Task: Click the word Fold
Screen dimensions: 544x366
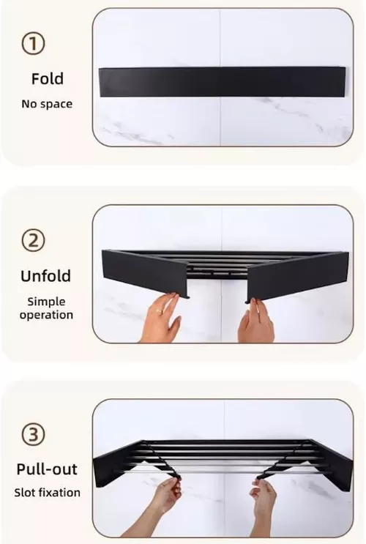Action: point(47,78)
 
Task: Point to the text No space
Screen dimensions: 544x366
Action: point(47,104)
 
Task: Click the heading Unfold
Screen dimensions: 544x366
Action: point(46,276)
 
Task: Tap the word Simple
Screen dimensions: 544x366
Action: point(47,302)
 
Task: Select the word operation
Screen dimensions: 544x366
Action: point(47,315)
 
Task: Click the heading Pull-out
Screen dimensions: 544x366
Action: point(47,469)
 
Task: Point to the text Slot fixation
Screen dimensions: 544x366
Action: point(47,493)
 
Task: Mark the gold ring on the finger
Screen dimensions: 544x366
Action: point(158,310)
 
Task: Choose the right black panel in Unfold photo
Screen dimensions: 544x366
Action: point(297,275)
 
